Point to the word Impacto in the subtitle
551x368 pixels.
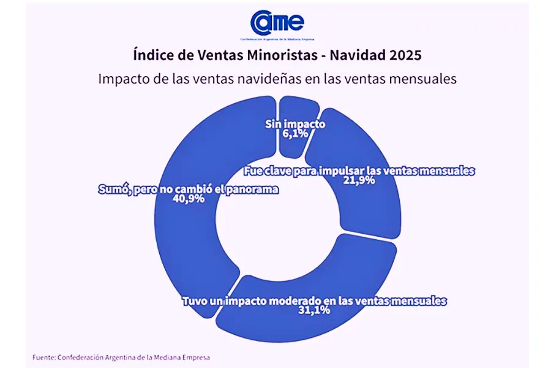(120, 79)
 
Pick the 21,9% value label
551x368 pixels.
(359, 181)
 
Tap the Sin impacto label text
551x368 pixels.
(294, 124)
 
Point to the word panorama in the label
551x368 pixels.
(250, 190)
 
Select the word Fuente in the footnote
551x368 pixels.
(44, 356)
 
